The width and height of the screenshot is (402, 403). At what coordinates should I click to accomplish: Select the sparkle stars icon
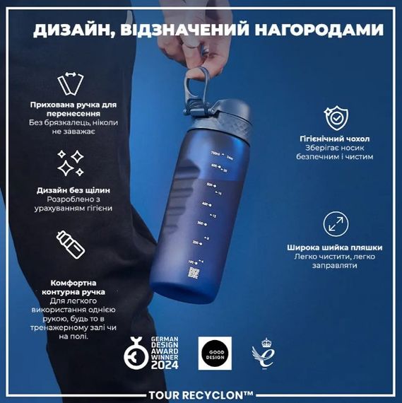tap(70, 163)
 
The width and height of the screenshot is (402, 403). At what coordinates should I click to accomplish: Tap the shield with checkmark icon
tap(334, 117)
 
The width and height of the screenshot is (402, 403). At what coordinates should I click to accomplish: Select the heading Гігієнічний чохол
tap(334, 139)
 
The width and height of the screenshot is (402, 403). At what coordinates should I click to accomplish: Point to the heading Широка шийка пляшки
tap(335, 247)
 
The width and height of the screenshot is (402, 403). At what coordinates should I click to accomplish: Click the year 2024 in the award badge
tap(163, 364)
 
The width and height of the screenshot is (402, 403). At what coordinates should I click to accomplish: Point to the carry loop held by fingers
tap(201, 78)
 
